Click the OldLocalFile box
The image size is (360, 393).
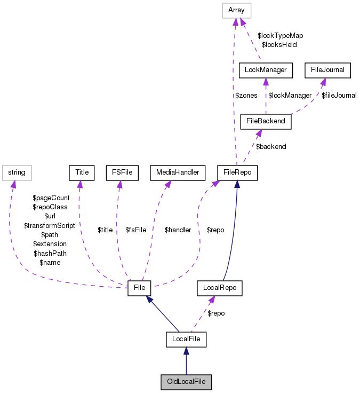pyautogui.click(x=186, y=382)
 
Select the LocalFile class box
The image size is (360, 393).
pyautogui.click(x=186, y=339)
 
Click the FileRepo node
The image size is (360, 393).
pyautogui.click(x=238, y=172)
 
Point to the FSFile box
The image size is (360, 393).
pyautogui.click(x=122, y=172)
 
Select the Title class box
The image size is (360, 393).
pyautogui.click(x=82, y=172)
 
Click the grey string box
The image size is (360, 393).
pyautogui.click(x=17, y=172)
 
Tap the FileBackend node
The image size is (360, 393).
pyautogui.click(x=266, y=121)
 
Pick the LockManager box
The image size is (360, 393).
pyautogui.click(x=266, y=69)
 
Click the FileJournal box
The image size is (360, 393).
pyautogui.click(x=327, y=69)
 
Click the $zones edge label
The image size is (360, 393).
pyautogui.click(x=246, y=96)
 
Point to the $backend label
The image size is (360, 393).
pyautogui.click(x=271, y=146)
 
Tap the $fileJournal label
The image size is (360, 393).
pyautogui.click(x=339, y=96)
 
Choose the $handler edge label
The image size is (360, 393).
pyautogui.click(x=178, y=230)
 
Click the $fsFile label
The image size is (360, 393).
pyautogui.click(x=136, y=230)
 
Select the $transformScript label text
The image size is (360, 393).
pyautogui.click(x=50, y=225)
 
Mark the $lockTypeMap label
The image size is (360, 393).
pyautogui.click(x=280, y=35)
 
